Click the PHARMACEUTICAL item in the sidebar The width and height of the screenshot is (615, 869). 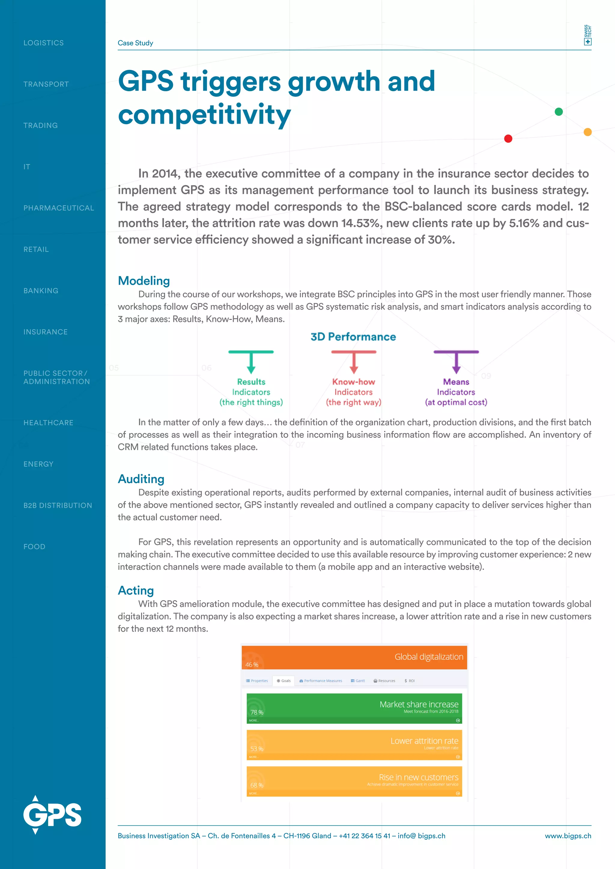tap(58, 208)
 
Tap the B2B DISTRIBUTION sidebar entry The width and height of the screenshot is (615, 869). tap(58, 505)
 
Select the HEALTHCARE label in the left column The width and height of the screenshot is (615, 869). tap(48, 423)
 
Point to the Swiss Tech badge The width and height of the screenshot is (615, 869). tap(587, 35)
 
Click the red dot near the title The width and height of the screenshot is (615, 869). tap(508, 139)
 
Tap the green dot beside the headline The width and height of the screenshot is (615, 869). tap(559, 112)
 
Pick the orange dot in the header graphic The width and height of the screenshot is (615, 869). tap(587, 132)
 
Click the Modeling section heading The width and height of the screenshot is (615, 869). tap(144, 281)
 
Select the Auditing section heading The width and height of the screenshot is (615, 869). tap(141, 479)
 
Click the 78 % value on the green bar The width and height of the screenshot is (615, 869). tap(256, 712)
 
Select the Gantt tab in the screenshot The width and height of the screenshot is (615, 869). tap(358, 681)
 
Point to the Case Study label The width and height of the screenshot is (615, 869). tap(135, 43)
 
